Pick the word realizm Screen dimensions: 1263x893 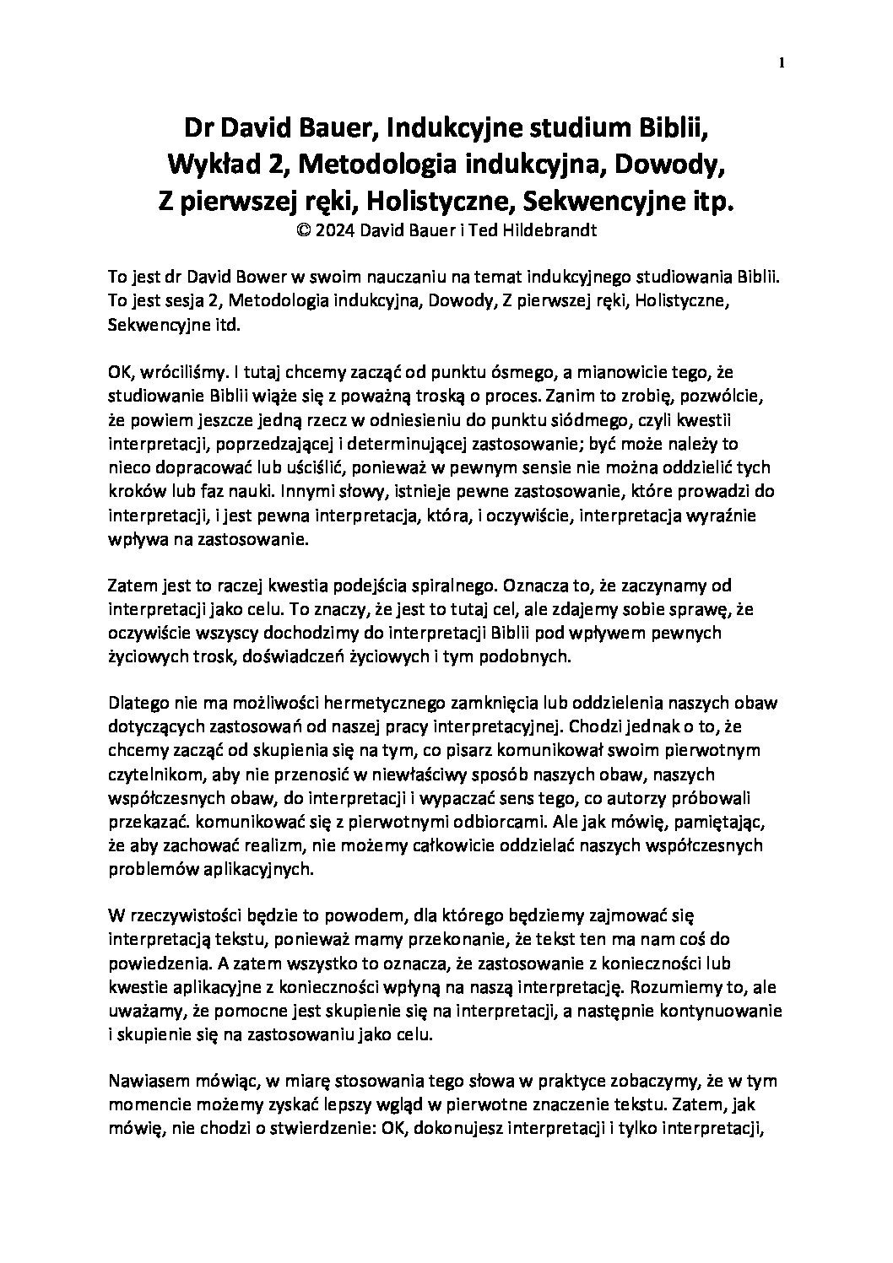tap(270, 845)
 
